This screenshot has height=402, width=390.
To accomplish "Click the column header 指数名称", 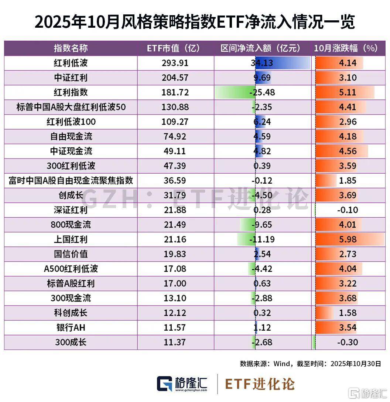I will [x=71, y=48].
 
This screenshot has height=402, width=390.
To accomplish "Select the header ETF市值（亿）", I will [x=175, y=48].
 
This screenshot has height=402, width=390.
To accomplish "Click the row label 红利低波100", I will [x=71, y=122].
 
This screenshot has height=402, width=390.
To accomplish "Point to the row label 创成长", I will [x=71, y=195].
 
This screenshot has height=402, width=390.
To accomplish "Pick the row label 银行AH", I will [x=71, y=327].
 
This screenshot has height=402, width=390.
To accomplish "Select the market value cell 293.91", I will [x=175, y=63].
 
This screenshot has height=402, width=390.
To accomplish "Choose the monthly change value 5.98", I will [x=347, y=239].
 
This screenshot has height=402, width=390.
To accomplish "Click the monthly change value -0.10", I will [x=347, y=210].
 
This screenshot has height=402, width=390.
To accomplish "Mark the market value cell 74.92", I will [x=175, y=136].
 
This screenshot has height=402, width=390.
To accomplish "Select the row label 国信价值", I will [x=71, y=254].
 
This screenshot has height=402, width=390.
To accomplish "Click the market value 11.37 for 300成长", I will [x=175, y=342].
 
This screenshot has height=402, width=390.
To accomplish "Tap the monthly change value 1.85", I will [x=347, y=181].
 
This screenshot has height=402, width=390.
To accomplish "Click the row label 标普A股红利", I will [x=71, y=283].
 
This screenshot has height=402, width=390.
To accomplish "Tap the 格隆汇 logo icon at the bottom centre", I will [x=165, y=384].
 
